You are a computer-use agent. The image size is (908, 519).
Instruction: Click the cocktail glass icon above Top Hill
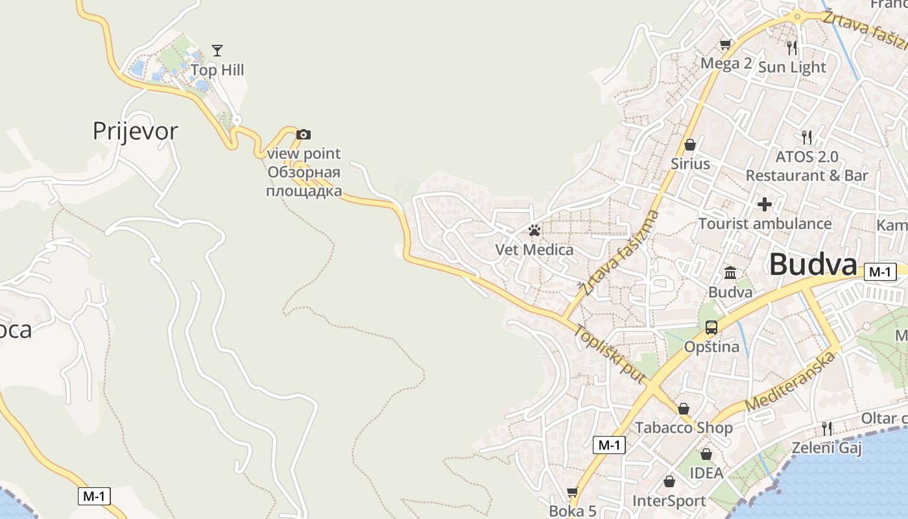217,51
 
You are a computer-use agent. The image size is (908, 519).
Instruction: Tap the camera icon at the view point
303,135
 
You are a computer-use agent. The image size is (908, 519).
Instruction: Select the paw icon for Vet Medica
534,230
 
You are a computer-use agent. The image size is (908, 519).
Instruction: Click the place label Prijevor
135,131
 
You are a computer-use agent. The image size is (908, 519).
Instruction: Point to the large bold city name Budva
813,265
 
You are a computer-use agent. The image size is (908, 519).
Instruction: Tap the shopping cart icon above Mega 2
725,45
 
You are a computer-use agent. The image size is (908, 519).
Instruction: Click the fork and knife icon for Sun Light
791,47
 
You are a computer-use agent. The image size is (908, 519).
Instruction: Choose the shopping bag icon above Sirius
690,145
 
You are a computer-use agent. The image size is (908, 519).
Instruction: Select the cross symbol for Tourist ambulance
765,204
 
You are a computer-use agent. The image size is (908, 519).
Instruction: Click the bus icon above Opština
711,328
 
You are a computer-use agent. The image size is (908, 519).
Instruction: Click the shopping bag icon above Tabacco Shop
684,409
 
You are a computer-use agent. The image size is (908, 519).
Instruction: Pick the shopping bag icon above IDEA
706,454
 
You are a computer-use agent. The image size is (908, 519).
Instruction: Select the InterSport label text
669,501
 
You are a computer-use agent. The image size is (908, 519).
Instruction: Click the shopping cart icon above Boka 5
572,492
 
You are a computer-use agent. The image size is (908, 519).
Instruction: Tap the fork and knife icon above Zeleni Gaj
826,428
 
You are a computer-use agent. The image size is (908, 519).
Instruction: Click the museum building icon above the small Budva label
730,272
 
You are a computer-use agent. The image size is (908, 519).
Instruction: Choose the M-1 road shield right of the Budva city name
880,272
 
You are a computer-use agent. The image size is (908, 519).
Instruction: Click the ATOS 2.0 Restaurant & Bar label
807,166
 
